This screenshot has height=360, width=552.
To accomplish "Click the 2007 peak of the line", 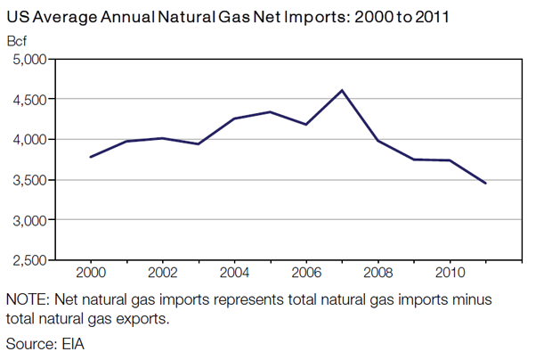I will pyautogui.click(x=342, y=90).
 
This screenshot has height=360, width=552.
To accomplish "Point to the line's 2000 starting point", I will pyautogui.click(x=91, y=157).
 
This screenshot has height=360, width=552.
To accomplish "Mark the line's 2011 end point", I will pyautogui.click(x=485, y=184).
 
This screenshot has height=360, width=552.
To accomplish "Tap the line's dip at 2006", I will pyautogui.click(x=306, y=124).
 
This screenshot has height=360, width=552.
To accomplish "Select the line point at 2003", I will pyautogui.click(x=199, y=144).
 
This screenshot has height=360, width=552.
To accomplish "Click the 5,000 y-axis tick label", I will pyautogui.click(x=28, y=60).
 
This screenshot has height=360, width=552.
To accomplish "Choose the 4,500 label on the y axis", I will pyautogui.click(x=28, y=100).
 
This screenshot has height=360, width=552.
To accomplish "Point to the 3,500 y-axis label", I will pyautogui.click(x=28, y=180).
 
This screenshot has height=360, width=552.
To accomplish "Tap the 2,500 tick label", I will pyautogui.click(x=28, y=260).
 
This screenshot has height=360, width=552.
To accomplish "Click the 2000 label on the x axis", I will pyautogui.click(x=91, y=271).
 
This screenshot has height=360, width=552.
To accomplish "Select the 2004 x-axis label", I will pyautogui.click(x=234, y=271).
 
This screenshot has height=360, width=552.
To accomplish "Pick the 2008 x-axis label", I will pyautogui.click(x=377, y=271).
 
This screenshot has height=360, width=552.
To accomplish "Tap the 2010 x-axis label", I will pyautogui.click(x=450, y=271).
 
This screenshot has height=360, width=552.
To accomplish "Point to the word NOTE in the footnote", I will pyautogui.click(x=27, y=299).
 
